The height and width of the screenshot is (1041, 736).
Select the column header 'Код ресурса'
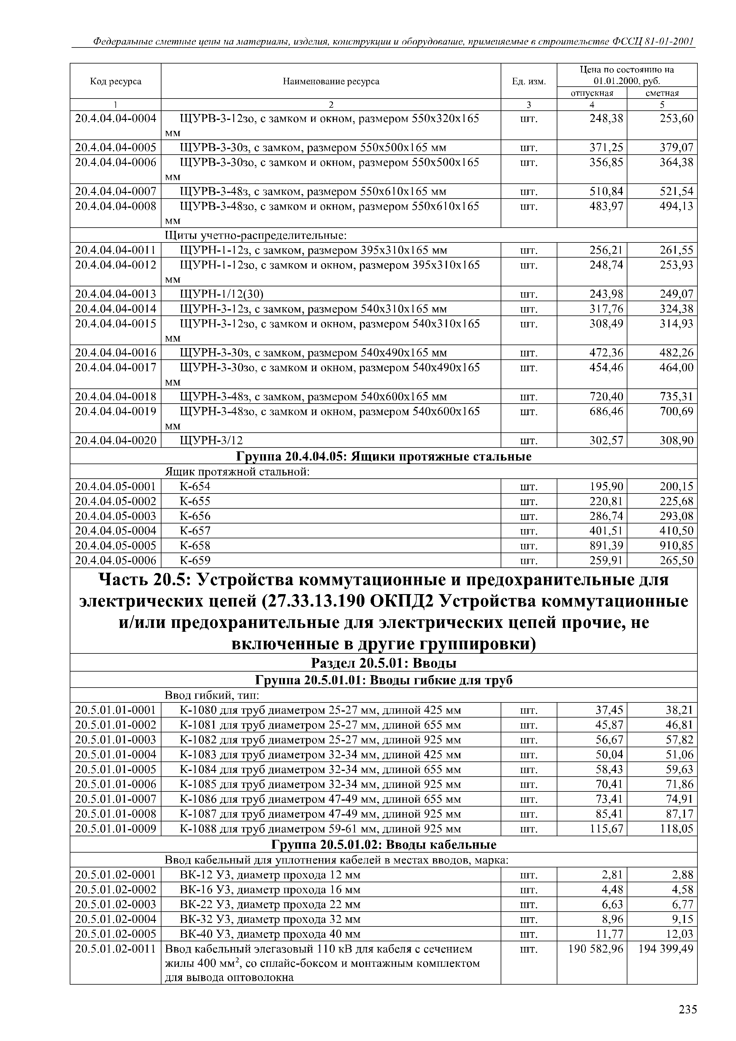[x=116, y=82]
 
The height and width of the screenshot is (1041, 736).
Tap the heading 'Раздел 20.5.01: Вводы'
[x=383, y=663]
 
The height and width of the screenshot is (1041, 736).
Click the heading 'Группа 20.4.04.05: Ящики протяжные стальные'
[x=383, y=456]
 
